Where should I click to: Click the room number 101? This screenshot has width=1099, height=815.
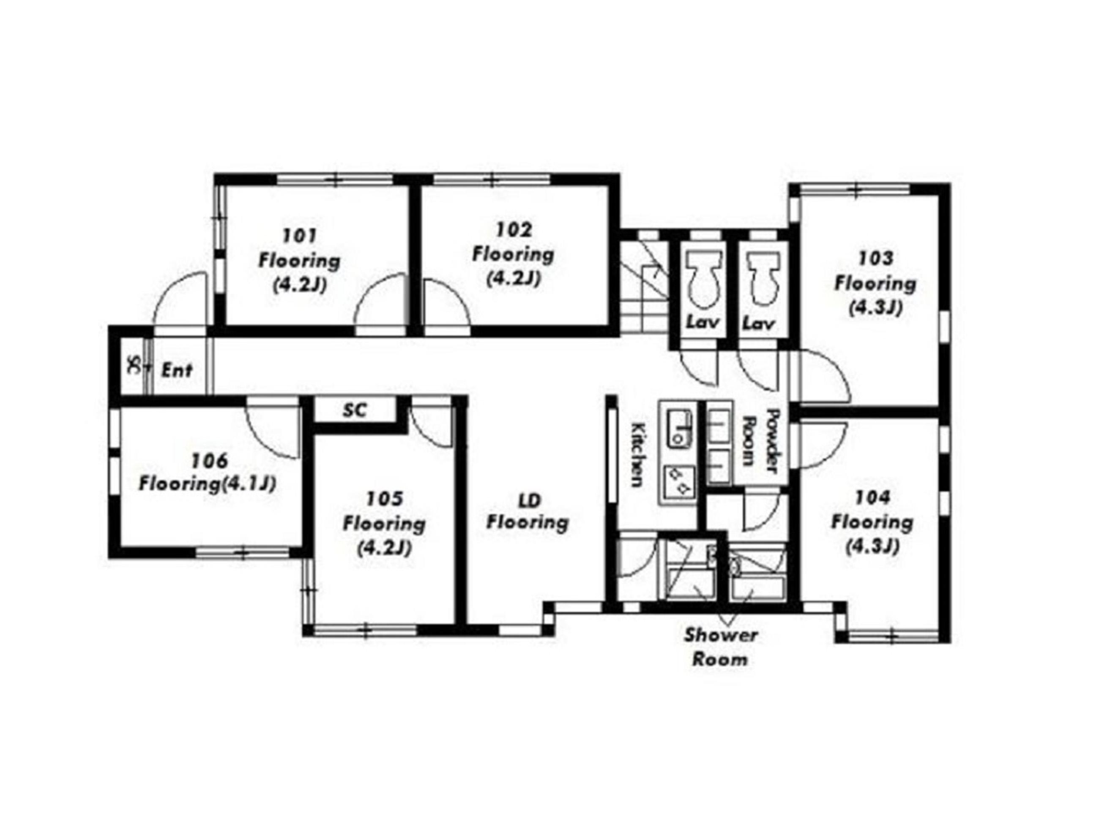click(300, 236)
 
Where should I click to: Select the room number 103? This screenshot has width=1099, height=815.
click(875, 258)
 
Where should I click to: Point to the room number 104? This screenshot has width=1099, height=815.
click(872, 497)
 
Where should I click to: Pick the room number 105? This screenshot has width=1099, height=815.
click(384, 499)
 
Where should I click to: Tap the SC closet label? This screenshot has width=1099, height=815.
click(355, 410)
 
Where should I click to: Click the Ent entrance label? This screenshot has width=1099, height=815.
click(176, 370)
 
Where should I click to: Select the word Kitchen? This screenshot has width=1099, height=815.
click(638, 454)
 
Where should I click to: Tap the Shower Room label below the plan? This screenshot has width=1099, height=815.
click(721, 647)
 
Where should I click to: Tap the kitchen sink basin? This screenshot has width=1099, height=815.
click(679, 427)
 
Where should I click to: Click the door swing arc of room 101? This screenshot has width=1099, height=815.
click(379, 299)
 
